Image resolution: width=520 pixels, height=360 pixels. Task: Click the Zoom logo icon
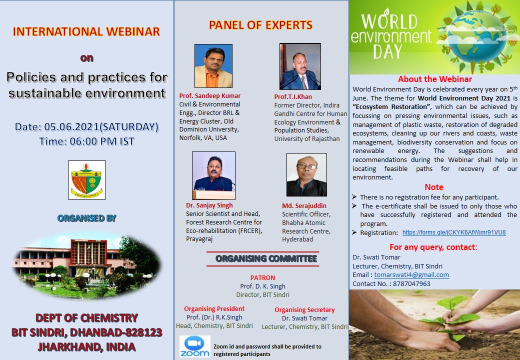pyautogui.click(x=194, y=346)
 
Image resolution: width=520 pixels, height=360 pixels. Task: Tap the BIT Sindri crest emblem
pyautogui.click(x=87, y=180)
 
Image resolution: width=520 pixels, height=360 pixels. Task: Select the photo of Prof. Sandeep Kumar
pyautogui.click(x=213, y=66)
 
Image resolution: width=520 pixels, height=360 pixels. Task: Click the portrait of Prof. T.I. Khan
pyautogui.click(x=300, y=66)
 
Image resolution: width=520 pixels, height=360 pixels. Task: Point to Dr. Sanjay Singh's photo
pyautogui.click(x=213, y=175)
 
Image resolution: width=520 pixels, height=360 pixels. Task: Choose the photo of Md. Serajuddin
pyautogui.click(x=306, y=174)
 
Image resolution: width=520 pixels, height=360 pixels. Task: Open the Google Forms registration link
pyautogui.click(x=454, y=232)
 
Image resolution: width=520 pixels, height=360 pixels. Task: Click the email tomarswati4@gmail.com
pyautogui.click(x=411, y=275)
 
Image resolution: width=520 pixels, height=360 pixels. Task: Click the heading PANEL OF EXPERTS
pyautogui.click(x=260, y=25)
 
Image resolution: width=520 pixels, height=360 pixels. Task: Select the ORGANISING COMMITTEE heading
pyautogui.click(x=266, y=258)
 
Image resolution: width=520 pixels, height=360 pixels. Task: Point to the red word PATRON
pyautogui.click(x=262, y=278)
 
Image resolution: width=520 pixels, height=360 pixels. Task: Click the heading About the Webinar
pyautogui.click(x=435, y=79)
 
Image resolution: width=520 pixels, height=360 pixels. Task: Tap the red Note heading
pyautogui.click(x=434, y=187)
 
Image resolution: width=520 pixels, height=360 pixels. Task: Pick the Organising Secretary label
pyautogui.click(x=304, y=309)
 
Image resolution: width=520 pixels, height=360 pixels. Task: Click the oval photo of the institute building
pyautogui.click(x=87, y=266)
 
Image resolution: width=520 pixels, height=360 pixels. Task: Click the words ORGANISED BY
pyautogui.click(x=87, y=218)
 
